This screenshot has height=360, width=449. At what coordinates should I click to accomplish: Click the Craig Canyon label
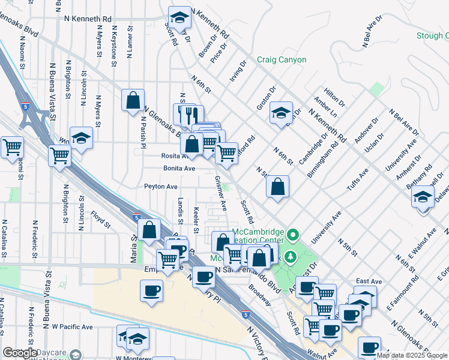282,60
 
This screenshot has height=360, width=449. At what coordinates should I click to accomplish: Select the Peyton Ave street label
161,187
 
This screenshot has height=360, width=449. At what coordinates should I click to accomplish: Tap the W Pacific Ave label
72,327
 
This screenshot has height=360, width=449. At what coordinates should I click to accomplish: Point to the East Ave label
369,281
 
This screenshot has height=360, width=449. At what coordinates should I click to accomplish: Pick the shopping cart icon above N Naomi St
11,146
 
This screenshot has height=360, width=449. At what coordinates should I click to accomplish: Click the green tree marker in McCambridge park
292,257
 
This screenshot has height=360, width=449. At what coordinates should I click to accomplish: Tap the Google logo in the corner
20,353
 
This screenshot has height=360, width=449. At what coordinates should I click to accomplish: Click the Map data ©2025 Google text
412,355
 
